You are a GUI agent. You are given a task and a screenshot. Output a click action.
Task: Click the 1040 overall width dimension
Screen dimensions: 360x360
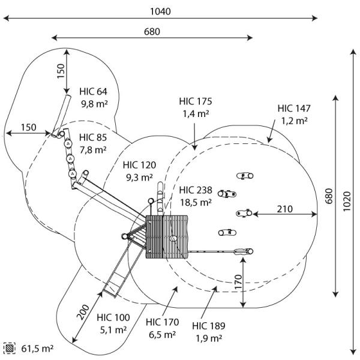tap(161, 11)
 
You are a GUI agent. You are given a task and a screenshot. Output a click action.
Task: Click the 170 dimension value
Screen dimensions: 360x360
tap(238, 281)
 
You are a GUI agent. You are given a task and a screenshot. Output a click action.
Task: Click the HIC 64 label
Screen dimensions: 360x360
tap(92, 91)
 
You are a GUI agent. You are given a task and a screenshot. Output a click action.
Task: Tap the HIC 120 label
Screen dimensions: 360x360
tap(139, 165)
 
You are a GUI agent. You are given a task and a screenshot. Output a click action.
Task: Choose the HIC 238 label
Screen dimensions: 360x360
tap(196, 190)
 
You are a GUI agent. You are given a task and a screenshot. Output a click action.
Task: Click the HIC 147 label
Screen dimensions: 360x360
tap(294, 108)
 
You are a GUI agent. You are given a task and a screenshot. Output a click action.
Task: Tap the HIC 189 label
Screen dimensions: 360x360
tap(209, 326)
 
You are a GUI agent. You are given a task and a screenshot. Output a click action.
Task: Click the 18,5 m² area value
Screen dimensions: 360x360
tap(196, 203)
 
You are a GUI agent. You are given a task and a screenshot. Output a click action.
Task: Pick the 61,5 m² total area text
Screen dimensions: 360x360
tap(38, 348)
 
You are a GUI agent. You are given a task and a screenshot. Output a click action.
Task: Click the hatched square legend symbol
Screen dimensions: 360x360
tap(10, 348)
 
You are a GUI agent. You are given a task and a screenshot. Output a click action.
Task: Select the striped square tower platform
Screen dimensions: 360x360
tap(166, 236)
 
